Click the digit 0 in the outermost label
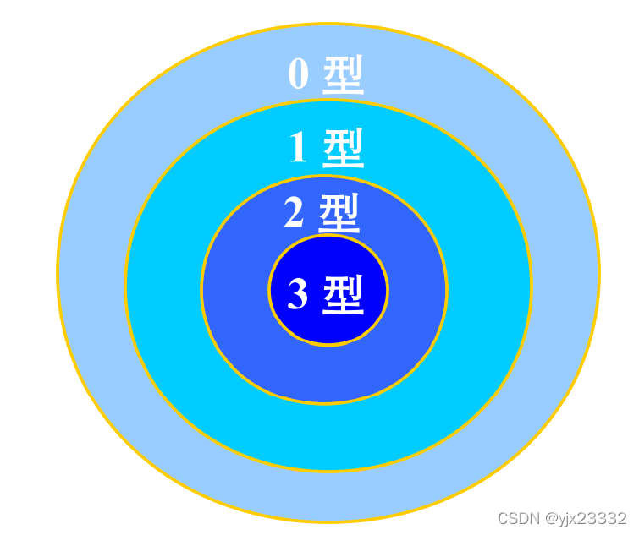[299, 74]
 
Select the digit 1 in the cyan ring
[298, 149]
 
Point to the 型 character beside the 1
[344, 150]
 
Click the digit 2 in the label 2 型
[294, 213]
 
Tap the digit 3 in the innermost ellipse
[298, 294]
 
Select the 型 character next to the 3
[343, 294]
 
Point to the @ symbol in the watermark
[551, 518]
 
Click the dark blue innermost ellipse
[328, 325]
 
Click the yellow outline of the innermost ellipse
[328, 344]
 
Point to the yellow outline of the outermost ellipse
[58, 272]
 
